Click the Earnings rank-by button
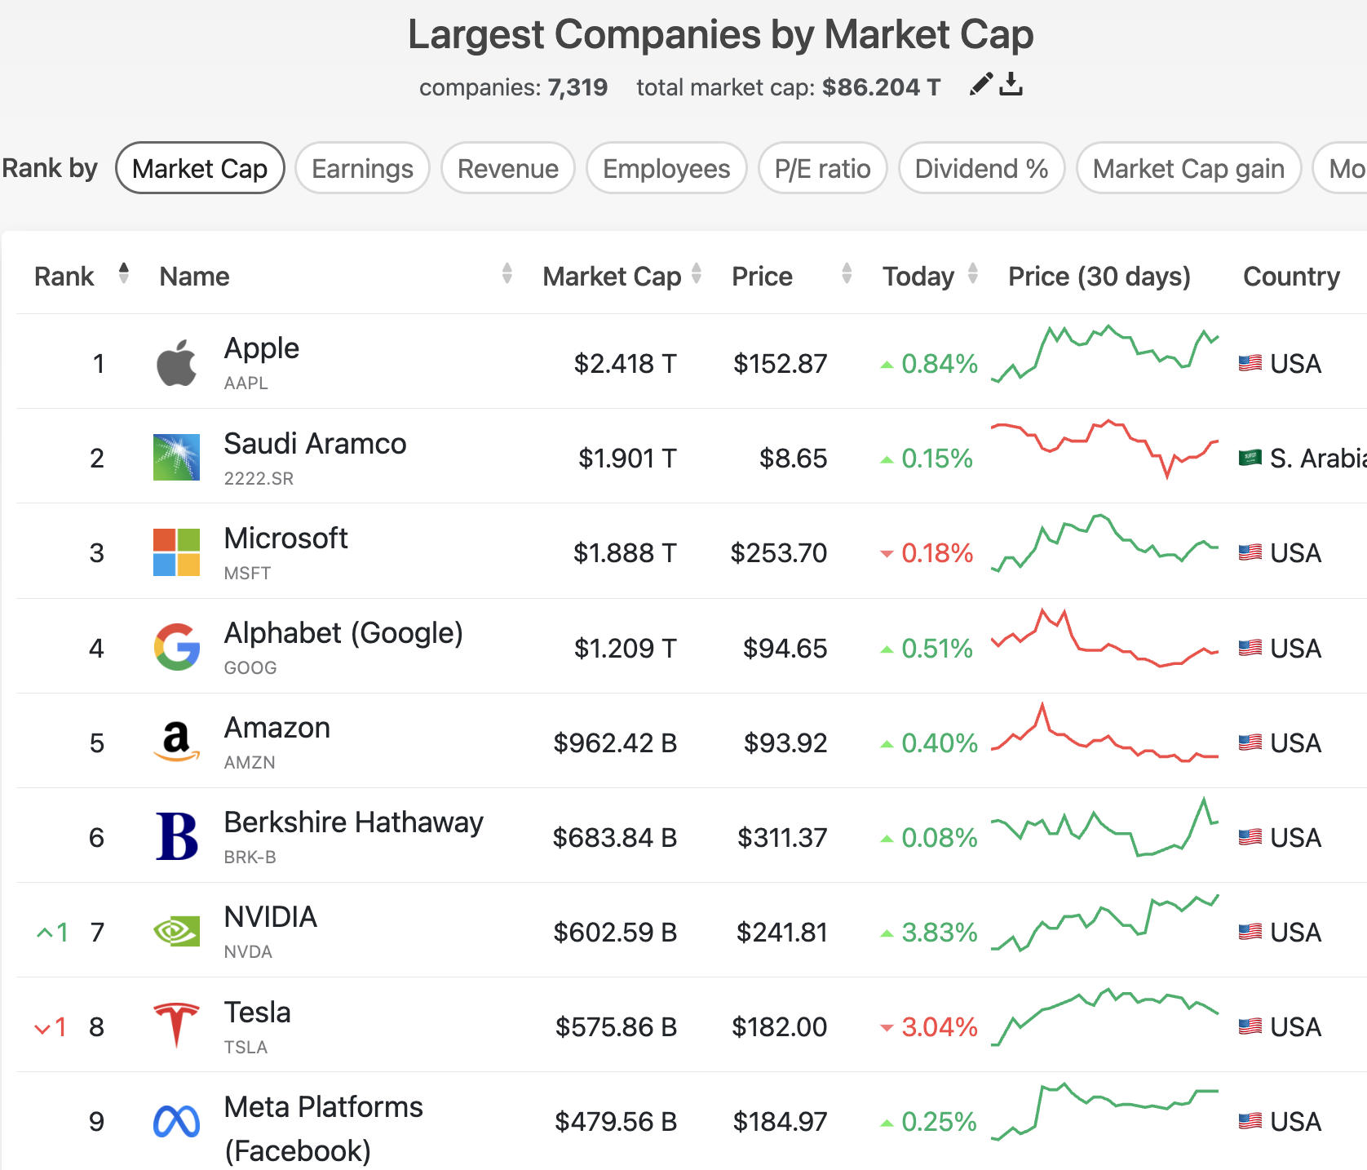point(362,169)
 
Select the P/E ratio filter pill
point(822,169)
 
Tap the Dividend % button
point(981,169)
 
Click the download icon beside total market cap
point(1011,84)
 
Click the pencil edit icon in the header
point(981,84)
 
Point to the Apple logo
point(176,363)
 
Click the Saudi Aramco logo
point(176,458)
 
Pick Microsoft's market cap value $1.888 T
point(625,553)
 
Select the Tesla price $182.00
point(779,1027)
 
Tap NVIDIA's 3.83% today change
point(939,933)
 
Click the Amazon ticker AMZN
point(250,763)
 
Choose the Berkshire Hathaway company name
point(353,822)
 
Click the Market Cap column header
point(612,277)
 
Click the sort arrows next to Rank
point(124,273)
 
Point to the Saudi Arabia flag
point(1250,458)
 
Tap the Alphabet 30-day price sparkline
point(1104,640)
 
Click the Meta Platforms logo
point(176,1122)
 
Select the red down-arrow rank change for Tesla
point(42,1028)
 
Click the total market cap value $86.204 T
point(881,87)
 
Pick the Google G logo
point(176,648)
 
